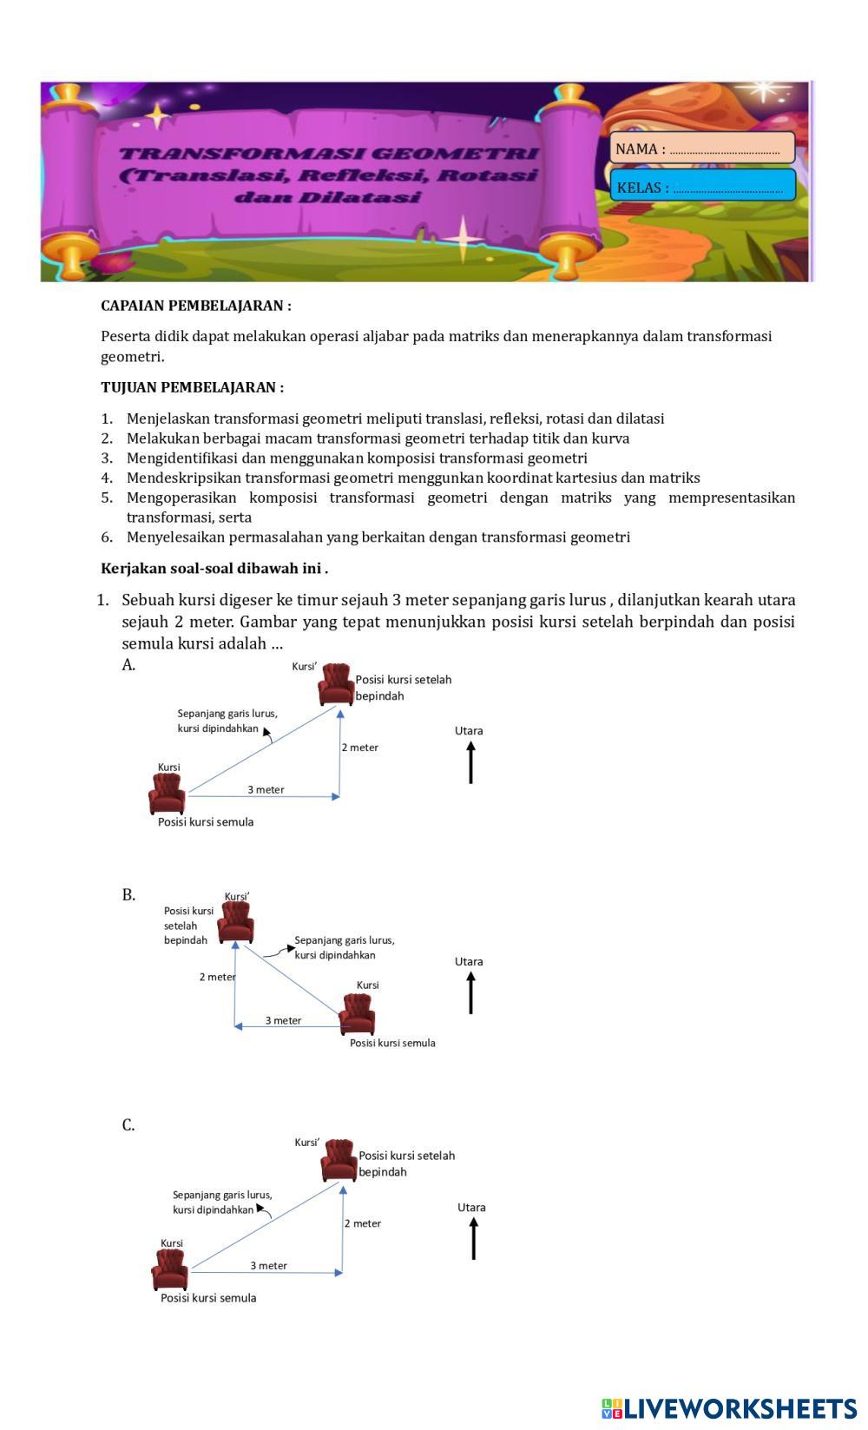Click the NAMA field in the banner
click(701, 148)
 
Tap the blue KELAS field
click(701, 187)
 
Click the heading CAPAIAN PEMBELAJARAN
click(196, 306)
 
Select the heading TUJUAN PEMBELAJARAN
click(192, 387)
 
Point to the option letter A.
click(128, 665)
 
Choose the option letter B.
click(128, 895)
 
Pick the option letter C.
click(128, 1125)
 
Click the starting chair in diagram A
click(167, 794)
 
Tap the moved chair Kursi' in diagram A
click(336, 685)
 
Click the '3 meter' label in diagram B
click(283, 1020)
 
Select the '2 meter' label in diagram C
click(363, 1223)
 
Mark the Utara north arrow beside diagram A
click(470, 762)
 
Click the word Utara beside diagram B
click(469, 961)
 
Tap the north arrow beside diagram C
click(473, 1238)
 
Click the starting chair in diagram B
click(358, 1013)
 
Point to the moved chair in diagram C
click(339, 1161)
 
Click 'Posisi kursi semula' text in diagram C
click(208, 1298)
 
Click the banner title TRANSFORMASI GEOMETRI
click(328, 155)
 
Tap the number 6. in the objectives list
click(107, 537)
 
